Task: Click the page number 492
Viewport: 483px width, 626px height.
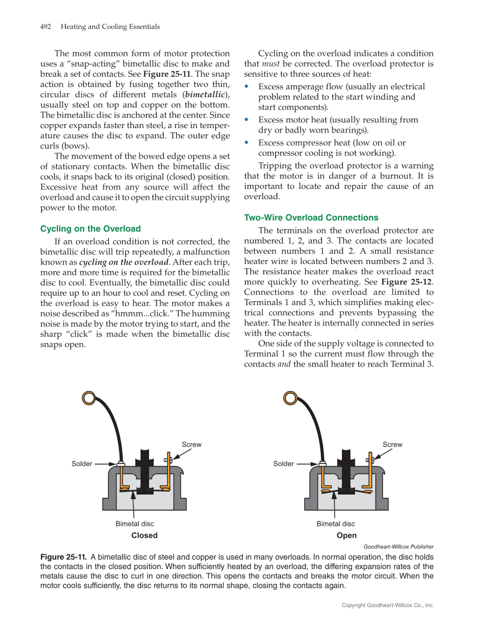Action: [46, 27]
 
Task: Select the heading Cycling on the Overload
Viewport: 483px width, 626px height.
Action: [90, 229]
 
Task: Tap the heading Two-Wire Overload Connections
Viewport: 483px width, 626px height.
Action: [311, 217]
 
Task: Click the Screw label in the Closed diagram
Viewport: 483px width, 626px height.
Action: [192, 444]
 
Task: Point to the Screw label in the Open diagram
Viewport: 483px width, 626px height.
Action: [393, 444]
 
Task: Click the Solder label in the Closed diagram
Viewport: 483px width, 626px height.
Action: [82, 464]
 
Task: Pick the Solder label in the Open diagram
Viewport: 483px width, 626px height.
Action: [283, 464]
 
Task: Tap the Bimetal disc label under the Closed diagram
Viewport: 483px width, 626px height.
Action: [135, 524]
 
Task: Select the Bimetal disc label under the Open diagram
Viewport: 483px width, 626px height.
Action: [336, 524]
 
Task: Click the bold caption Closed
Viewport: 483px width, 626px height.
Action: [145, 536]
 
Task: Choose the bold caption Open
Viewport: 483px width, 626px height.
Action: [346, 536]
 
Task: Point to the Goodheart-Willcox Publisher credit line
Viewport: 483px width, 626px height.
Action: [398, 547]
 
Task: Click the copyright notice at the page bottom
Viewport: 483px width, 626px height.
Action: [387, 606]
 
